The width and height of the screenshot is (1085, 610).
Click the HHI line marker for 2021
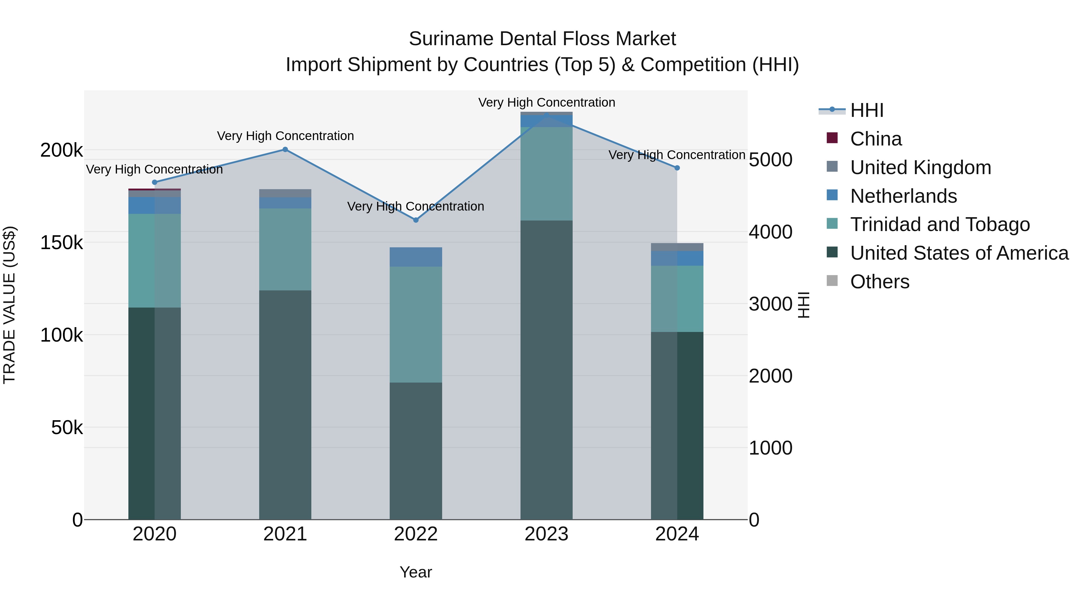pos(285,149)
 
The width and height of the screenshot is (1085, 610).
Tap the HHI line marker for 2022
pos(416,220)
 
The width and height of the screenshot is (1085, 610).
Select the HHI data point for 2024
pos(677,168)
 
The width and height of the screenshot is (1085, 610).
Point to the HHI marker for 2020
pos(155,182)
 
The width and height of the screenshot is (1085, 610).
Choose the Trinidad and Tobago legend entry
pos(939,224)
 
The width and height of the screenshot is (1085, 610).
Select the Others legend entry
pos(879,282)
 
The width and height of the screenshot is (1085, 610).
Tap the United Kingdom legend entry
pos(920,167)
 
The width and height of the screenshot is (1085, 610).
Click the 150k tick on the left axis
pos(61,243)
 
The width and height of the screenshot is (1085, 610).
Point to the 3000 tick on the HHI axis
pos(770,304)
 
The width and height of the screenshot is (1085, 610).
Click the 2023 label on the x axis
pos(546,534)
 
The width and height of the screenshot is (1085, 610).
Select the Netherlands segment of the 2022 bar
pos(416,257)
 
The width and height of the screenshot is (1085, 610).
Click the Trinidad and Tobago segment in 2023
pos(546,174)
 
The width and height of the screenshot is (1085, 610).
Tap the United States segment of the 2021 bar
pos(285,404)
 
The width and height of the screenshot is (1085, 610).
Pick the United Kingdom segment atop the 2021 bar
pos(285,193)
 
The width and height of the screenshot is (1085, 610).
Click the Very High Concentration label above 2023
pos(546,102)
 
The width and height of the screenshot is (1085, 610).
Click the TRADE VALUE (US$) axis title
pos(9,305)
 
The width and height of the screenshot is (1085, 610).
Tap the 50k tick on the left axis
pos(67,428)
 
